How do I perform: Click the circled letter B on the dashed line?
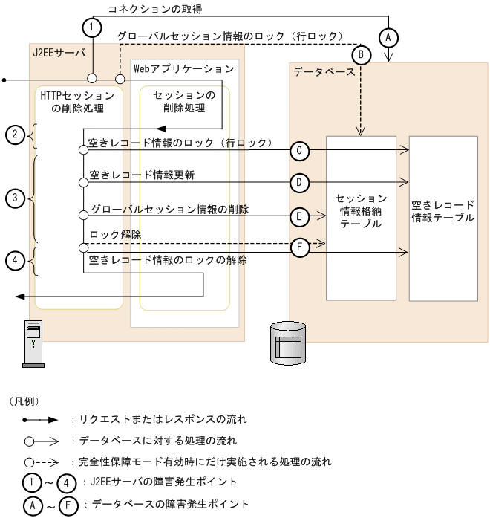[x=361, y=54]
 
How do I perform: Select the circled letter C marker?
[x=298, y=151]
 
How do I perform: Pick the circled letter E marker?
[x=298, y=217]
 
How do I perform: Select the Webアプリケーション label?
[x=183, y=68]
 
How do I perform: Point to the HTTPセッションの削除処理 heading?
[x=78, y=103]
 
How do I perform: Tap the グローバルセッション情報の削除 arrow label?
[x=169, y=210]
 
